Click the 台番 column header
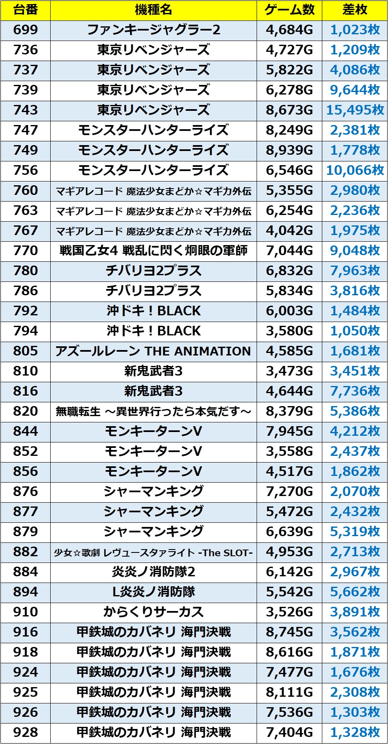tap(26, 10)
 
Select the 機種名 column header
tap(153, 10)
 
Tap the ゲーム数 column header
tap(289, 10)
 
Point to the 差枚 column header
tap(355, 10)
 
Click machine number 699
tap(26, 30)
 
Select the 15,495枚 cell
tap(355, 110)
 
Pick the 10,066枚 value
tap(355, 171)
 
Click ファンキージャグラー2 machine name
tap(153, 30)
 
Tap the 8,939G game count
tap(289, 151)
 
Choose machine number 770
tap(26, 251)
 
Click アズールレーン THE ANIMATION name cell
tap(153, 351)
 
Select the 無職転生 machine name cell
tap(153, 412)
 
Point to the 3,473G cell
tap(289, 371)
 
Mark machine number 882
tap(26, 552)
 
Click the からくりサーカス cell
tap(153, 612)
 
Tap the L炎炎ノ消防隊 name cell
tap(153, 592)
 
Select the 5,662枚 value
tap(355, 592)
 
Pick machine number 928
tap(26, 733)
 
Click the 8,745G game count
tap(289, 632)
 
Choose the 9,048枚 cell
tap(355, 251)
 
